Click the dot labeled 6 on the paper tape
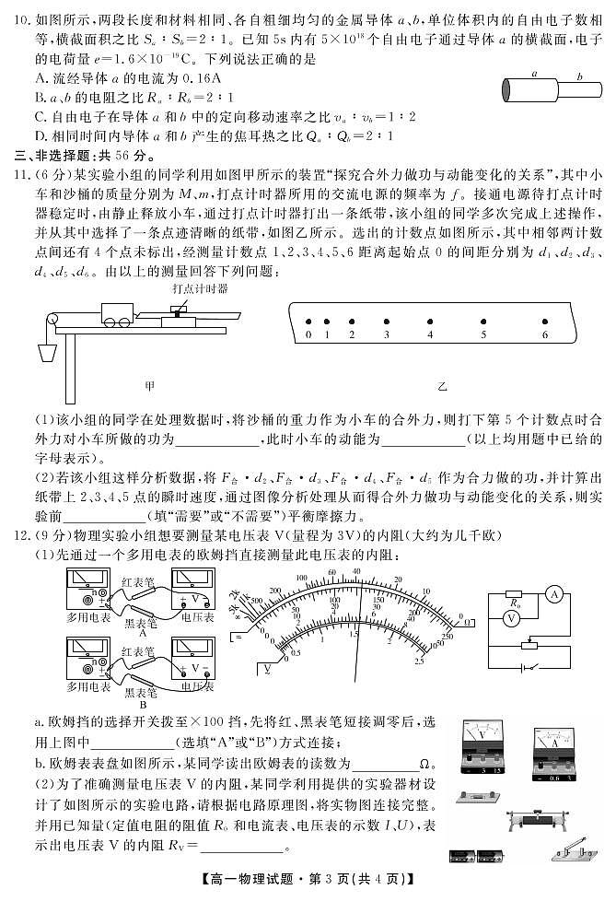[x=545, y=321]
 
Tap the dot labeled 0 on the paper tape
[x=308, y=321]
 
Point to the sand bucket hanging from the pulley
[x=46, y=354]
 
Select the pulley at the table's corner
[x=54, y=320]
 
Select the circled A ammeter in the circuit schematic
[x=554, y=595]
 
